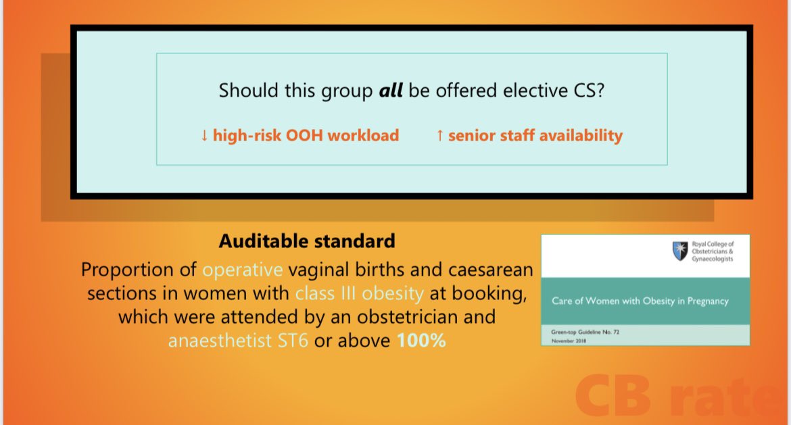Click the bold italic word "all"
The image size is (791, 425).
(x=391, y=91)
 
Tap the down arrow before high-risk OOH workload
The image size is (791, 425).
(x=204, y=136)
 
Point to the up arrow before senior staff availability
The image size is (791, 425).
(x=440, y=136)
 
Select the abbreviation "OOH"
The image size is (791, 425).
(x=304, y=135)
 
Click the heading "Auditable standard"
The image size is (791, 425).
(x=307, y=241)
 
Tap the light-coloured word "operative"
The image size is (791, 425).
(x=243, y=270)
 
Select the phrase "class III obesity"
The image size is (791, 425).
(x=359, y=293)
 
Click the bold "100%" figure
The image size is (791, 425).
(x=421, y=341)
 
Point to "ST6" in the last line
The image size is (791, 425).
(x=293, y=341)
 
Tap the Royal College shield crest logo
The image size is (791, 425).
(x=680, y=251)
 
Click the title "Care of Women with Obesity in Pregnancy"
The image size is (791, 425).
(x=640, y=301)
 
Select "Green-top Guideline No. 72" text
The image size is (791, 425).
(x=585, y=332)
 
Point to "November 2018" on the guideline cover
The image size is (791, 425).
(x=569, y=341)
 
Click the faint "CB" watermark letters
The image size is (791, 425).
(x=613, y=396)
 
